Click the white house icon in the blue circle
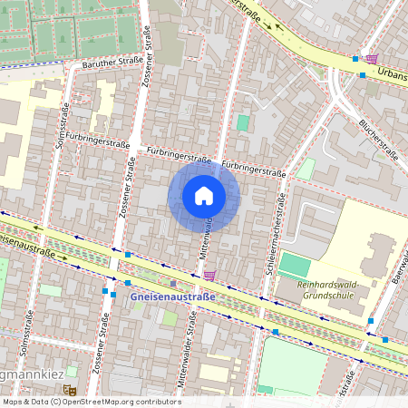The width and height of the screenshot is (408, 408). (203, 195)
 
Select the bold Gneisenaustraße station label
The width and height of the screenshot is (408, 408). (172, 296)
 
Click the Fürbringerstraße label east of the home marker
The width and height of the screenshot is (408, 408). (254, 169)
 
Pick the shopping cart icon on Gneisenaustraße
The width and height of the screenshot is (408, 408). (210, 276)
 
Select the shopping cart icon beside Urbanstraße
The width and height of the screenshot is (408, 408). (372, 59)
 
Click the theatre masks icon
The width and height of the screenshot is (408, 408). (69, 390)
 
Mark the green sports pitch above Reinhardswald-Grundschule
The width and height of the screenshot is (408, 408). (295, 265)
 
